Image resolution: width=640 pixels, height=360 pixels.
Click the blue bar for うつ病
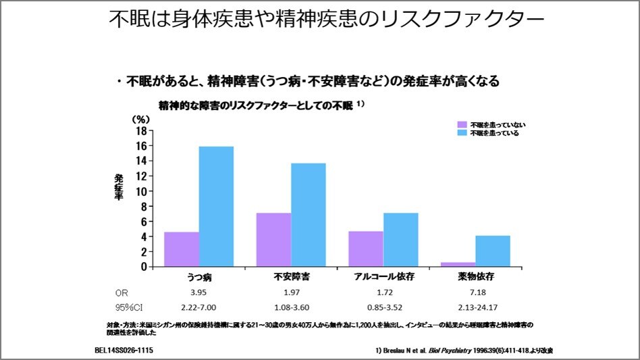pyautogui.click(x=216, y=206)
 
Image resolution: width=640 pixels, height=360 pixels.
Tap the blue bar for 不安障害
pyautogui.click(x=308, y=214)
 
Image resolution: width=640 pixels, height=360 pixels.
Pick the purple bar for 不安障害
pyautogui.click(x=273, y=240)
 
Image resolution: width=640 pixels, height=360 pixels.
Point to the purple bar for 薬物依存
pyautogui.click(x=458, y=264)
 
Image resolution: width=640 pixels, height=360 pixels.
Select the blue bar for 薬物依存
pyautogui.click(x=492, y=251)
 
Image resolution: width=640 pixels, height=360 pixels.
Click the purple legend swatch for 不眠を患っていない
pyautogui.click(x=462, y=125)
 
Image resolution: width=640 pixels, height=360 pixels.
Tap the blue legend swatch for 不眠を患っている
pyautogui.click(x=462, y=133)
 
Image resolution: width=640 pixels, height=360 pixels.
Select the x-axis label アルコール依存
pyautogui.click(x=381, y=278)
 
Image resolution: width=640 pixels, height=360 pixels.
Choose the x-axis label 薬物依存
pyautogui.click(x=475, y=278)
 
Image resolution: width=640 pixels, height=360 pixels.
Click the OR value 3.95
pyautogui.click(x=196, y=293)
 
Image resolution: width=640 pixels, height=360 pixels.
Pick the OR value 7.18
pyautogui.click(x=475, y=293)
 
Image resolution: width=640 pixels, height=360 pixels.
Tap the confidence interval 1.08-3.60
pyautogui.click(x=290, y=308)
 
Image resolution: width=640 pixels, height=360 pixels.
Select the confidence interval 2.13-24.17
pyautogui.click(x=475, y=308)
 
